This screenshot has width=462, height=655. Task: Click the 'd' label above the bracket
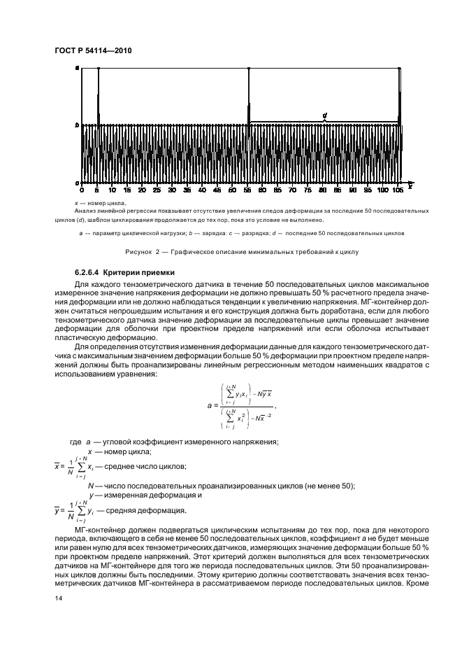click(x=324, y=115)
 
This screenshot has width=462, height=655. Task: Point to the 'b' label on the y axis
click(x=77, y=125)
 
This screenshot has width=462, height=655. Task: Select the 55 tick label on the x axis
click(x=249, y=190)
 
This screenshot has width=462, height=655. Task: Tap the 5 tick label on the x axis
click(x=98, y=190)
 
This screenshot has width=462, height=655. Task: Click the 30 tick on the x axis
click(x=173, y=190)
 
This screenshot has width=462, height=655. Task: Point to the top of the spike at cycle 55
click(x=249, y=69)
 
